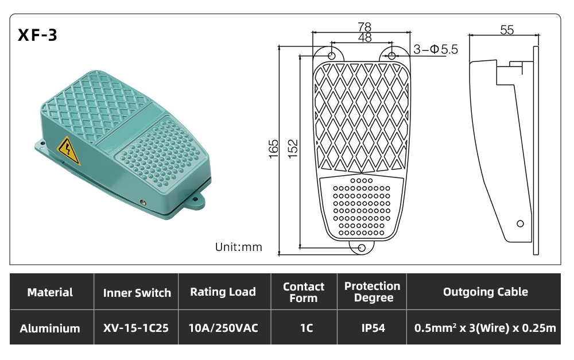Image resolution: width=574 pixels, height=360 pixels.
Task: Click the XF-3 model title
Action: pyautogui.click(x=37, y=35)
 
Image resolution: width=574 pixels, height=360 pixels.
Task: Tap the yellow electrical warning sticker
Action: pyautogui.click(x=68, y=150)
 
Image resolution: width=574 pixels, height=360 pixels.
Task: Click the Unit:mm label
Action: pyautogui.click(x=239, y=247)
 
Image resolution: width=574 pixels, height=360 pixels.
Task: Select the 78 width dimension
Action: pyautogui.click(x=364, y=27)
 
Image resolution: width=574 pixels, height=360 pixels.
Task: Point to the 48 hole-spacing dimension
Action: pyautogui.click(x=364, y=37)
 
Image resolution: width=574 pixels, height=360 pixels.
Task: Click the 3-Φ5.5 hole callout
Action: pyautogui.click(x=436, y=49)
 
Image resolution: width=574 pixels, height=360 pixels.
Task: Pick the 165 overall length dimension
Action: pyautogui.click(x=274, y=149)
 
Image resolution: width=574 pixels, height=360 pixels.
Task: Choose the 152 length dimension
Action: pyautogui.click(x=293, y=149)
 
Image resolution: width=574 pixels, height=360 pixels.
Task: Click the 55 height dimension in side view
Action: pyautogui.click(x=507, y=30)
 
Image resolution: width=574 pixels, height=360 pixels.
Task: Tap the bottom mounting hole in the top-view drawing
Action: pyautogui.click(x=361, y=248)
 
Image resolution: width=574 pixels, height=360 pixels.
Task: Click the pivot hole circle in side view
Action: pyautogui.click(x=520, y=223)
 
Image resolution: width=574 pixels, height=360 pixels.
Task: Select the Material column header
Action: pyautogui.click(x=50, y=292)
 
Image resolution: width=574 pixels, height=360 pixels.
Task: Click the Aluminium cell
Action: pyautogui.click(x=50, y=328)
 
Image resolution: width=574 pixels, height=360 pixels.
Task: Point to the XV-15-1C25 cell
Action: pyautogui.click(x=136, y=328)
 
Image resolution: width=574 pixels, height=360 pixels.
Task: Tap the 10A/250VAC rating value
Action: pyautogui.click(x=223, y=328)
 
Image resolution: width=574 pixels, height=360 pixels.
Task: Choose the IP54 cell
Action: pyautogui.click(x=373, y=328)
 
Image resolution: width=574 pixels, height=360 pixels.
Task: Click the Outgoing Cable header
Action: pyautogui.click(x=486, y=292)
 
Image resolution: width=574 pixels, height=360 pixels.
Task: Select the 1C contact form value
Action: pyautogui.click(x=307, y=328)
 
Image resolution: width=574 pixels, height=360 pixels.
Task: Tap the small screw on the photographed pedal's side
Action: pyautogui.click(x=143, y=203)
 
